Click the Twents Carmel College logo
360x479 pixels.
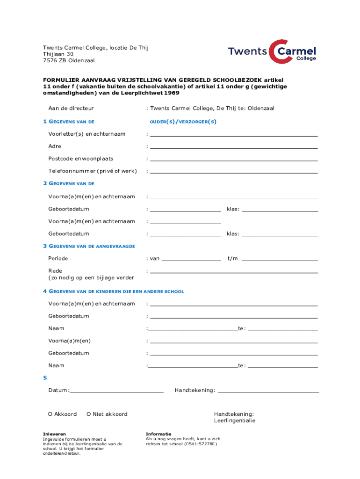click(272, 51)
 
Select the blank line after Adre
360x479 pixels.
click(234, 148)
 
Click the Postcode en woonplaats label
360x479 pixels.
click(80, 159)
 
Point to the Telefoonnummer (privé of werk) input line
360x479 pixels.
click(234, 173)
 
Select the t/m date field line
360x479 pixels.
click(280, 260)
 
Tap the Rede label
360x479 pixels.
click(55, 271)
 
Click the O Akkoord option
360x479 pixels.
click(62, 414)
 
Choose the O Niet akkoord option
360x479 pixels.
click(107, 414)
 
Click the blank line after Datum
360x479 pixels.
click(117, 392)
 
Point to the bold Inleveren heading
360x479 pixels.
click(54, 434)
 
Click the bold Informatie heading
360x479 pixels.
click(158, 434)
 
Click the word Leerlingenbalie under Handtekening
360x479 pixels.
click(235, 421)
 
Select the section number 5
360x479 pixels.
click(45, 377)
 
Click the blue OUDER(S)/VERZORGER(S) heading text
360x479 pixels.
click(183, 122)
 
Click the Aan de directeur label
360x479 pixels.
click(71, 109)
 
